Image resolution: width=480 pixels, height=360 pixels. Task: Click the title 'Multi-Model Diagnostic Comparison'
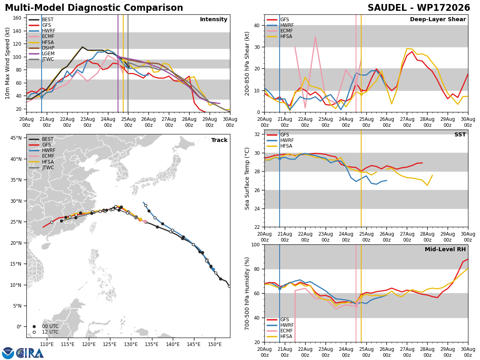(x=94, y=8)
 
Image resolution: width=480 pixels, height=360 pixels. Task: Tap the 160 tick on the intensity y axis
(x=17, y=18)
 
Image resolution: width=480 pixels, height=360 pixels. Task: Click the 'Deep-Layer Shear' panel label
(x=438, y=20)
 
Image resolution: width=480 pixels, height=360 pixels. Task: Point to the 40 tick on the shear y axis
(x=256, y=26)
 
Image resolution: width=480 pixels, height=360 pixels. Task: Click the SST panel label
(x=460, y=134)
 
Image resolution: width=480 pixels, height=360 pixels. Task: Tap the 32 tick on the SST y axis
(x=256, y=134)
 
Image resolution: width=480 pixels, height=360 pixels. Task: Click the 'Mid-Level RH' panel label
(x=445, y=249)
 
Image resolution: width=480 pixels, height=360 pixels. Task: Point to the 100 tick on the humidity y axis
(x=255, y=244)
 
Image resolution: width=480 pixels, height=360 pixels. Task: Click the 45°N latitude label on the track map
(x=16, y=138)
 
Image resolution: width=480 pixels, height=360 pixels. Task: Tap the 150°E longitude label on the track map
(x=215, y=344)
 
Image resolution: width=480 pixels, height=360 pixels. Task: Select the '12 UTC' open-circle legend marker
(x=34, y=332)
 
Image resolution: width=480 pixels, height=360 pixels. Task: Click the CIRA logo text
(x=30, y=353)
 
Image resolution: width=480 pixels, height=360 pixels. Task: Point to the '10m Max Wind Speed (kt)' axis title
(x=8, y=63)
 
